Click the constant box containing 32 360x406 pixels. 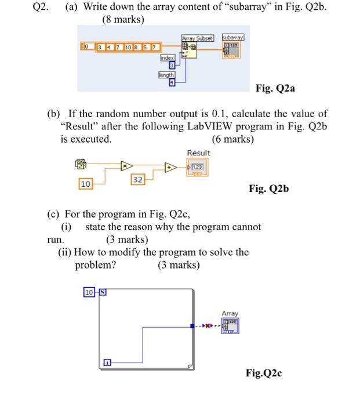coord(138,180)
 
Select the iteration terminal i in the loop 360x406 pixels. coord(108,364)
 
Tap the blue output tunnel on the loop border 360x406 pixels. coord(192,325)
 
